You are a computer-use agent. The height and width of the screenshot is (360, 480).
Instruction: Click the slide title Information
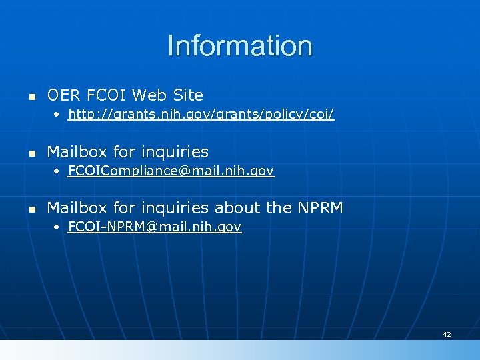click(240, 46)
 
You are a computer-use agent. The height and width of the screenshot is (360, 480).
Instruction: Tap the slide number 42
click(446, 334)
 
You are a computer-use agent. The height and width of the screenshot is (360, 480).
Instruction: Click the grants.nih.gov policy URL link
click(201, 115)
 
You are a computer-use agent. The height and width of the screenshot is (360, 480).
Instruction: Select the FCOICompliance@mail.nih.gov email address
click(171, 171)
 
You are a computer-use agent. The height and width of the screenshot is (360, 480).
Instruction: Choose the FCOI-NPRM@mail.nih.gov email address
click(155, 227)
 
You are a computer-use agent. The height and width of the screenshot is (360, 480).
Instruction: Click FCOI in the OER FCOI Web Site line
click(109, 95)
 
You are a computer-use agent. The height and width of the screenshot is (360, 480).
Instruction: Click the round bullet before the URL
click(57, 115)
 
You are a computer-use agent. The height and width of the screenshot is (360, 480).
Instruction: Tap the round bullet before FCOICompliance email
click(57, 171)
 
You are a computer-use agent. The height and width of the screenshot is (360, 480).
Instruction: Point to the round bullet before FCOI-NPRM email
click(57, 227)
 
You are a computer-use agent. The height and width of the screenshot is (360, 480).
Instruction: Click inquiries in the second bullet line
click(175, 152)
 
